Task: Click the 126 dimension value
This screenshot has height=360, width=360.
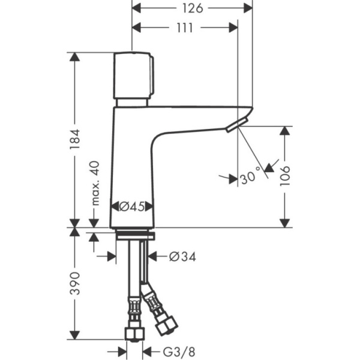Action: coord(192,8)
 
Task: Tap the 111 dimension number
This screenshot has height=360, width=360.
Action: coord(185,28)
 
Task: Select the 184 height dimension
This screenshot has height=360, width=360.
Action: coord(74,139)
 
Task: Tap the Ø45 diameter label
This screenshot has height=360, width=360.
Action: coord(132,206)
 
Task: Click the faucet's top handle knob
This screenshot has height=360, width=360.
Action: coord(133,76)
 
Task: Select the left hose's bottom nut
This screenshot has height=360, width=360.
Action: coord(134,334)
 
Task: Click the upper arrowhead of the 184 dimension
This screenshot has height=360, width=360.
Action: coord(74,57)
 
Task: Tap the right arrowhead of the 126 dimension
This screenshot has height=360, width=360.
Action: coord(249,8)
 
